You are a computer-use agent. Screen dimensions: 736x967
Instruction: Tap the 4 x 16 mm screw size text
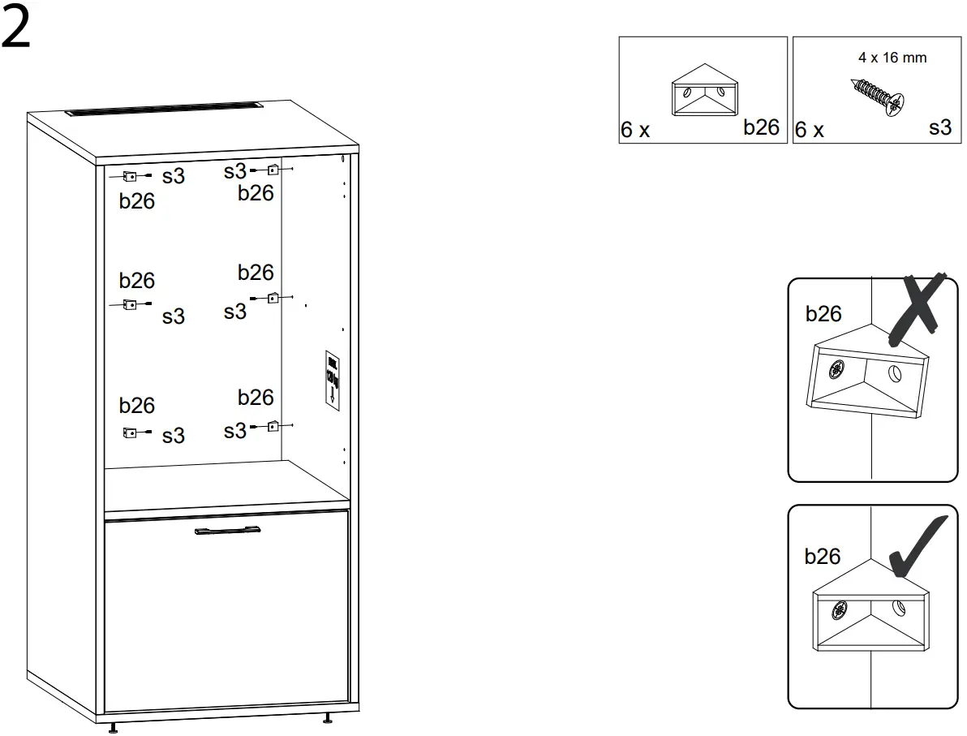[892, 58]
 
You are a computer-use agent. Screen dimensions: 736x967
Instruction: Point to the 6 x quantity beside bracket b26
[635, 130]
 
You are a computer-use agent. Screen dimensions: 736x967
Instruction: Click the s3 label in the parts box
[939, 127]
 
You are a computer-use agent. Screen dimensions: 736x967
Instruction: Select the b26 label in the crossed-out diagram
[823, 314]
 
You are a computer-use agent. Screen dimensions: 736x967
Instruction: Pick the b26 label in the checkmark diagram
[822, 557]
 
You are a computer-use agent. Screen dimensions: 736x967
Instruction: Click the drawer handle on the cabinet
[227, 531]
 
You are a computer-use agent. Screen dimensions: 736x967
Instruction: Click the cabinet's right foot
[328, 718]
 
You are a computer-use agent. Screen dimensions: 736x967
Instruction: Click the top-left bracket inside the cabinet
[128, 176]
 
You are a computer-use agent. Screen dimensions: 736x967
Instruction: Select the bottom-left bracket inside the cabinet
[128, 433]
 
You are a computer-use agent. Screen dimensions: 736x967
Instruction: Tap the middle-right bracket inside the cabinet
[273, 298]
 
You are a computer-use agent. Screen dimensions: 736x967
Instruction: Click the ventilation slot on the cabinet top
[163, 109]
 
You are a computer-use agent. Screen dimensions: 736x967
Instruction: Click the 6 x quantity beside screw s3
[809, 130]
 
